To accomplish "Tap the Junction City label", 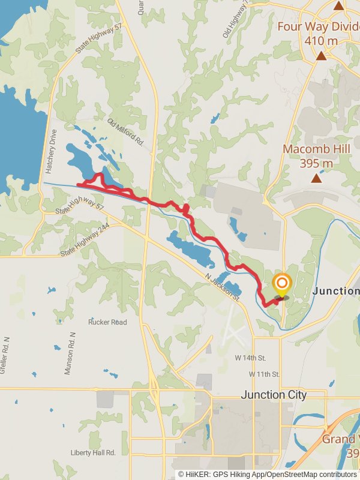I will point(274,395).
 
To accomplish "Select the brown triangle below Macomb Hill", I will point(316,178).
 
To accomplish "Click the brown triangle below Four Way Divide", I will point(322,56).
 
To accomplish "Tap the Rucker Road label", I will point(107,322).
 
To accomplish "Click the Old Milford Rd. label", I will point(126,132).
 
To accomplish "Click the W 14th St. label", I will point(250,358).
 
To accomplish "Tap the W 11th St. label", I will point(265,374).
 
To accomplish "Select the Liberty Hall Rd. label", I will point(92,452).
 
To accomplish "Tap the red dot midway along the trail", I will point(186,208).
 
